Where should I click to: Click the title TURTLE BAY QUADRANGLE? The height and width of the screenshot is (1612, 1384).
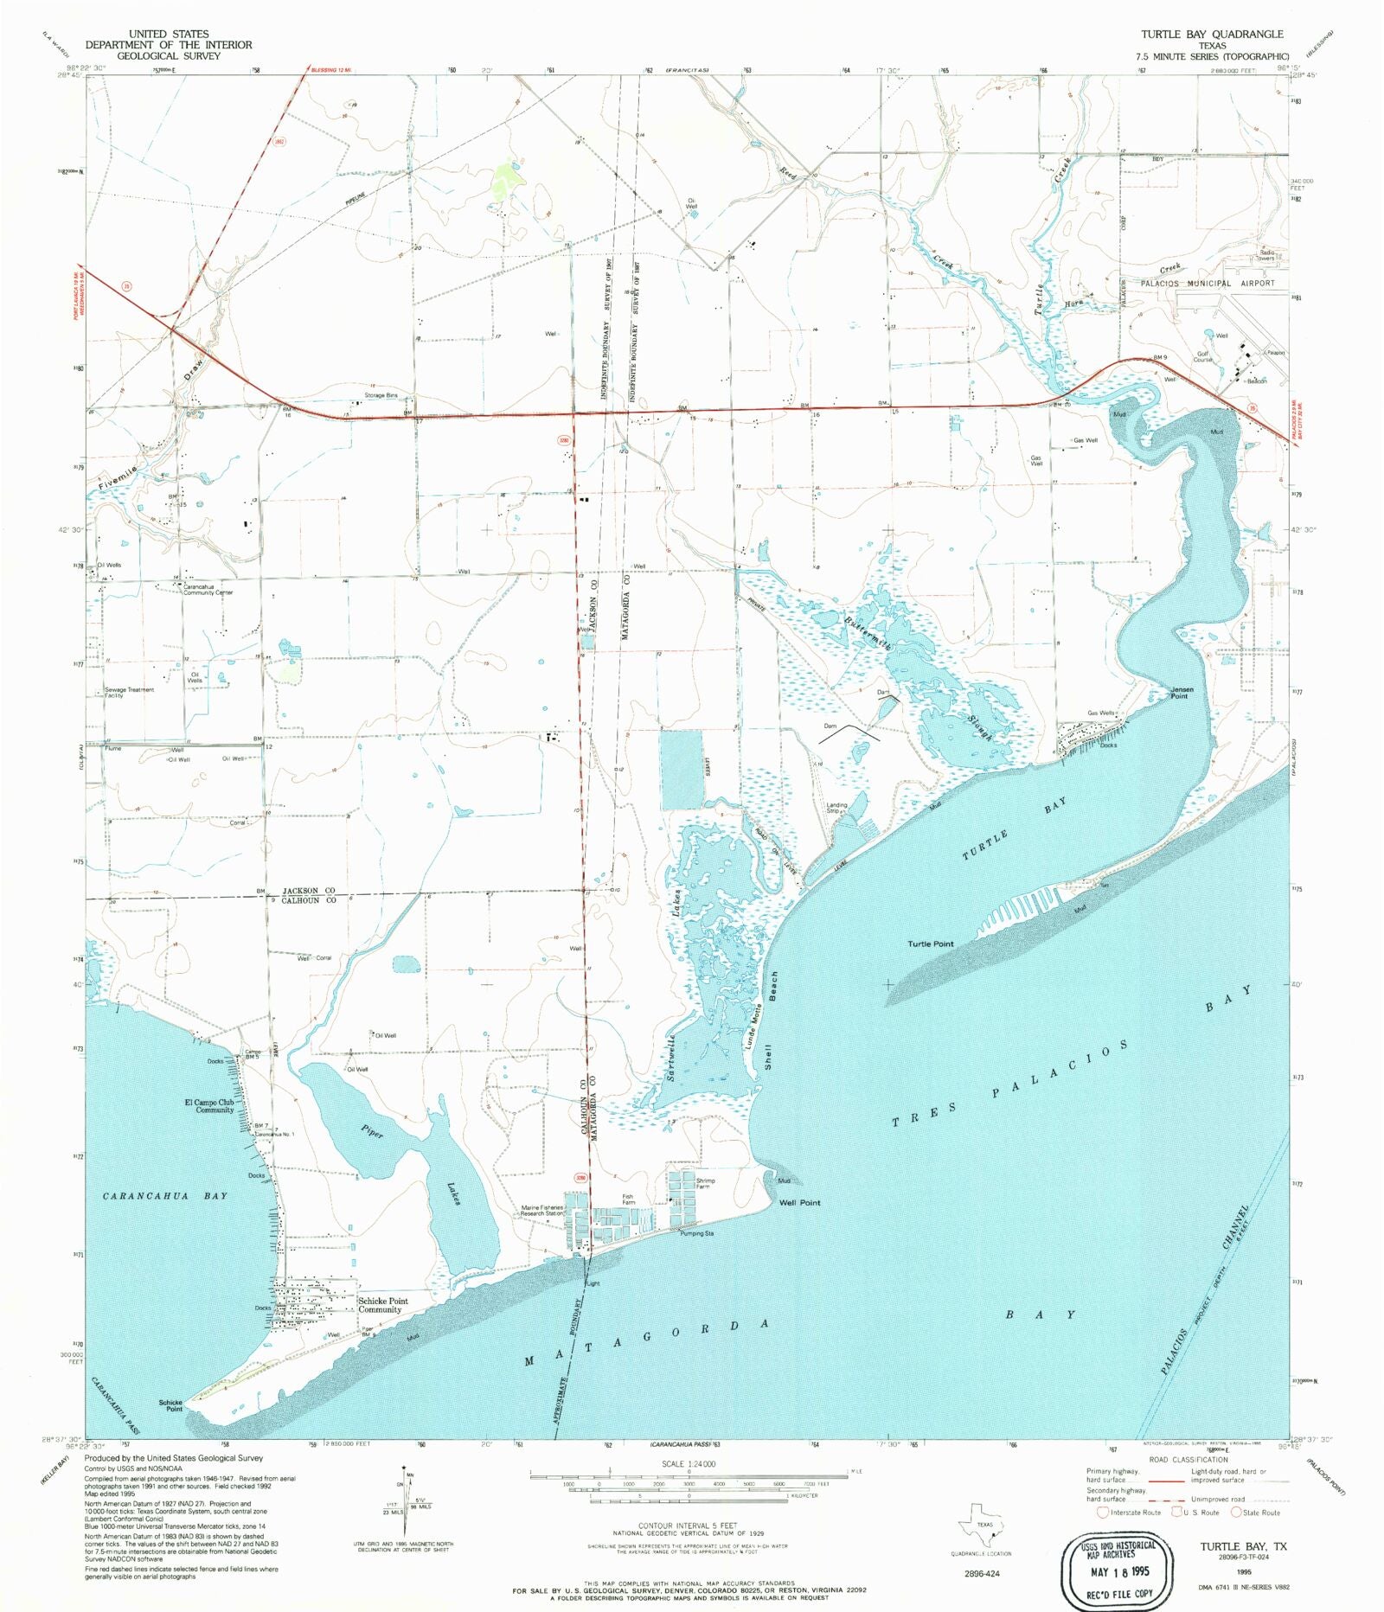[1211, 35]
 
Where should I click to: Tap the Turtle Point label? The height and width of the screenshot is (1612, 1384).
[930, 944]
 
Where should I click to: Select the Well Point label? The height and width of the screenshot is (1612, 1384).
[799, 1203]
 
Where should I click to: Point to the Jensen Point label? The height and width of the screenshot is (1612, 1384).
[1182, 693]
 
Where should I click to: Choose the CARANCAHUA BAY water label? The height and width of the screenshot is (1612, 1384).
[165, 1196]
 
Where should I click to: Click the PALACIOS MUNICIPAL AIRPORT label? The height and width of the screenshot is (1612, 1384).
[1207, 284]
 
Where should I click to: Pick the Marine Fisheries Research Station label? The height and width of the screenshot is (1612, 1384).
[542, 1211]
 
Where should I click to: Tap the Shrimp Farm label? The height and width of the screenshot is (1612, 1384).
[705, 1183]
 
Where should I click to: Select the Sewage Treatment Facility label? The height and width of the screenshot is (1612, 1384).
[129, 693]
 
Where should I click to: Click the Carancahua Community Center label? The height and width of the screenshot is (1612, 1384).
[208, 590]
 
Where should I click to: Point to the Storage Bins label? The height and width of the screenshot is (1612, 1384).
[381, 395]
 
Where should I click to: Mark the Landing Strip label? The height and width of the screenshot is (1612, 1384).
[836, 808]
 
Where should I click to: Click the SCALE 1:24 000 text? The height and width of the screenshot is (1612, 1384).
[689, 1464]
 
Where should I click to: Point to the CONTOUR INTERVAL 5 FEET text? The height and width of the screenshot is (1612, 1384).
[689, 1526]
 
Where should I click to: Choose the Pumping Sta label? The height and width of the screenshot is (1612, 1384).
[696, 1233]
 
